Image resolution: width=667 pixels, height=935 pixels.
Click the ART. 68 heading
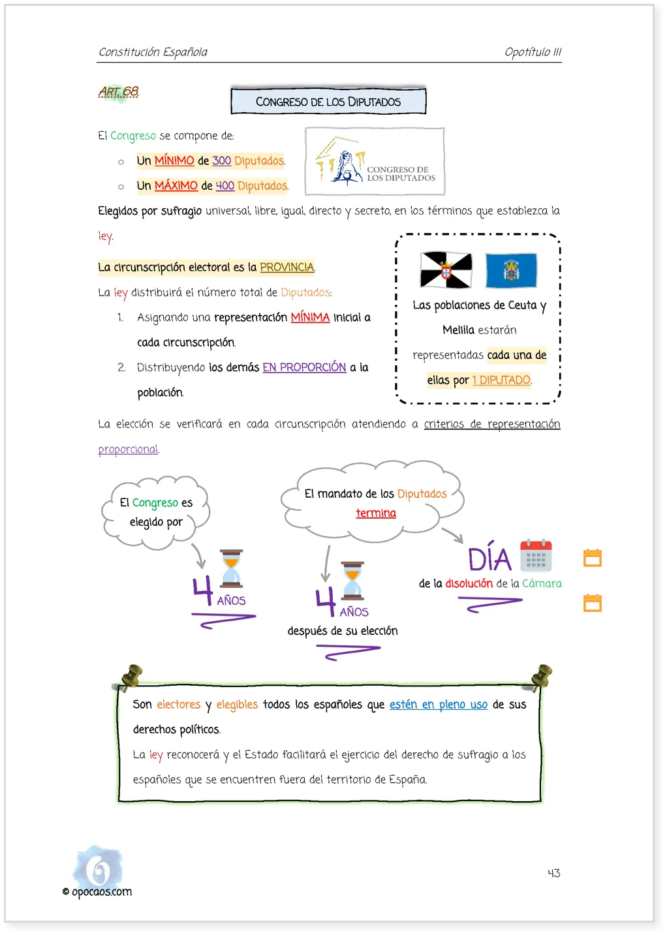pos(119,91)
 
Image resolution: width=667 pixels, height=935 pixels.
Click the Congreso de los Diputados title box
pos(328,101)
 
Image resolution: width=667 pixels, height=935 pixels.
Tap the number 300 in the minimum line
pos(222,161)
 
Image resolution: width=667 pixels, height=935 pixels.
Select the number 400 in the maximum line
pos(225,186)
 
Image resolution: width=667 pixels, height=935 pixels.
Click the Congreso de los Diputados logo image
pos(375,162)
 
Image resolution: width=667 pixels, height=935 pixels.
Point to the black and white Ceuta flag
pos(446,270)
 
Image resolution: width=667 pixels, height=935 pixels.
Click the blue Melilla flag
pos(511,271)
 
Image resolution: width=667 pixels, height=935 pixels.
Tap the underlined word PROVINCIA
pos(287,267)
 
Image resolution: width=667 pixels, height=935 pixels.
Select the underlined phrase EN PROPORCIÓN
pos(304,367)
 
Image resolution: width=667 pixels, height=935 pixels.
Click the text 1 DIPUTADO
pos(501,380)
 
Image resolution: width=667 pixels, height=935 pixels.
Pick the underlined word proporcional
pos(128,449)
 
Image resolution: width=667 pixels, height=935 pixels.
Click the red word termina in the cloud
pos(376,513)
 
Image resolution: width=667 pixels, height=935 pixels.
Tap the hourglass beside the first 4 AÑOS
pos(231,568)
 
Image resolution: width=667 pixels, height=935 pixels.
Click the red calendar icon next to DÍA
pos(536,555)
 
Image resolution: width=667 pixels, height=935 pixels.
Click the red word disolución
pos(469,583)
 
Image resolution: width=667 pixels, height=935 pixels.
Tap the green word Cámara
pos(542,583)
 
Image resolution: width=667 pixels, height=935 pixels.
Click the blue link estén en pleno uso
pos(439,705)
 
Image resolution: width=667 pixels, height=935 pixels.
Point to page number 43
pos(554,873)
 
